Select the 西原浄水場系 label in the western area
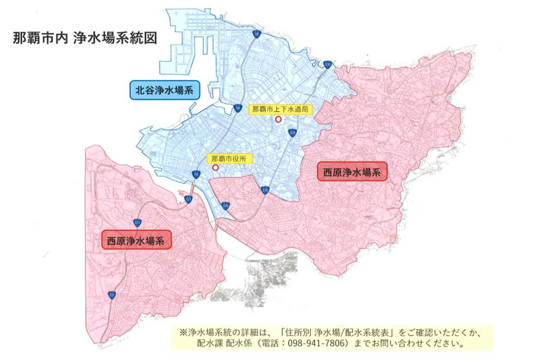(x=136, y=239)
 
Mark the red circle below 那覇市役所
(x=215, y=168)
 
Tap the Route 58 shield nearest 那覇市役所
(x=196, y=174)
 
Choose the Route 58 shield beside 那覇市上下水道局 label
(x=239, y=107)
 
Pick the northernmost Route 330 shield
(x=326, y=64)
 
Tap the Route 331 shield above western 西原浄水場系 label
(x=137, y=221)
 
